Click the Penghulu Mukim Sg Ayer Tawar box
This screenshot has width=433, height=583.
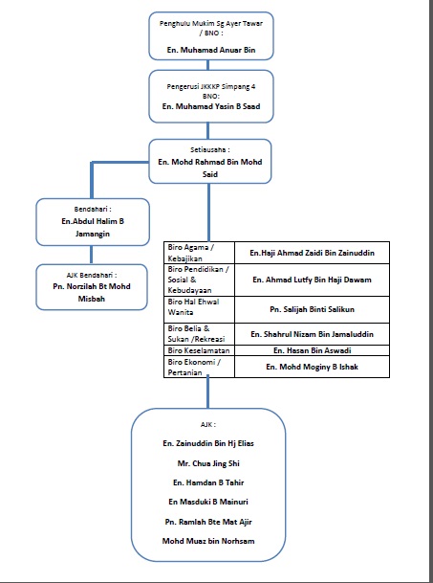(x=211, y=36)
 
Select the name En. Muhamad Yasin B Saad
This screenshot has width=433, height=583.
(x=211, y=106)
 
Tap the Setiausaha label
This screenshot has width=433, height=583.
(x=210, y=150)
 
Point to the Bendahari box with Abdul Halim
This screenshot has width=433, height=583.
(x=93, y=222)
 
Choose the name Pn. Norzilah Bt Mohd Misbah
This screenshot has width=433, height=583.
(x=92, y=293)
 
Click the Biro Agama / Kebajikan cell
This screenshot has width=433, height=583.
(x=200, y=253)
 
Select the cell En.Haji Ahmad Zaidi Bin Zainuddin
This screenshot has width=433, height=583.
(x=312, y=253)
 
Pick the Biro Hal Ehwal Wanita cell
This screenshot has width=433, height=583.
(x=200, y=309)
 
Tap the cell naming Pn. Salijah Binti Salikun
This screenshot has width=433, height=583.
(x=312, y=309)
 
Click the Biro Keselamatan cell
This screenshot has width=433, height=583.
(x=200, y=350)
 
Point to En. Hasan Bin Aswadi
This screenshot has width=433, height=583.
(x=312, y=350)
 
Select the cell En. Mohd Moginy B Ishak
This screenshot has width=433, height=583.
(x=312, y=367)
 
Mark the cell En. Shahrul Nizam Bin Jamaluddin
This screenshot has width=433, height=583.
(x=312, y=334)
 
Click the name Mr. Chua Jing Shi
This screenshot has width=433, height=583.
(x=208, y=463)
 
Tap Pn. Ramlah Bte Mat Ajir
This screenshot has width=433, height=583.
(x=208, y=522)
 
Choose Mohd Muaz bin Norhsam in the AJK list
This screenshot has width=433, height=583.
(x=208, y=541)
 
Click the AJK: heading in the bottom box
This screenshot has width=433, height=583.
(x=208, y=425)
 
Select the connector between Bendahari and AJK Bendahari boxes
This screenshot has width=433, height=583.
(x=92, y=255)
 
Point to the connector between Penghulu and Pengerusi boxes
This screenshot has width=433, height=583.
(x=207, y=65)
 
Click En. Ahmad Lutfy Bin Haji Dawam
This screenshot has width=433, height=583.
(x=312, y=280)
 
